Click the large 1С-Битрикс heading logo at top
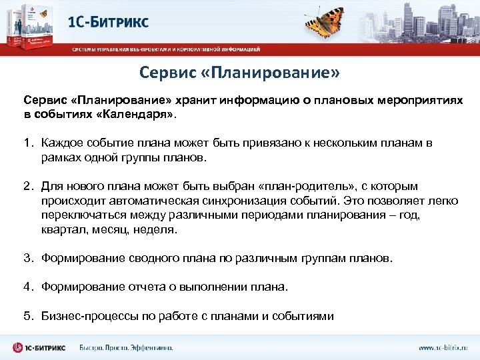click(x=109, y=21)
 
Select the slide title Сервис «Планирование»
click(x=239, y=71)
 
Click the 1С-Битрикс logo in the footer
click(x=39, y=347)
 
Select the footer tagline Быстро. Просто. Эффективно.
click(x=126, y=348)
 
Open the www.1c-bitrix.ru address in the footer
click(x=443, y=348)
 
